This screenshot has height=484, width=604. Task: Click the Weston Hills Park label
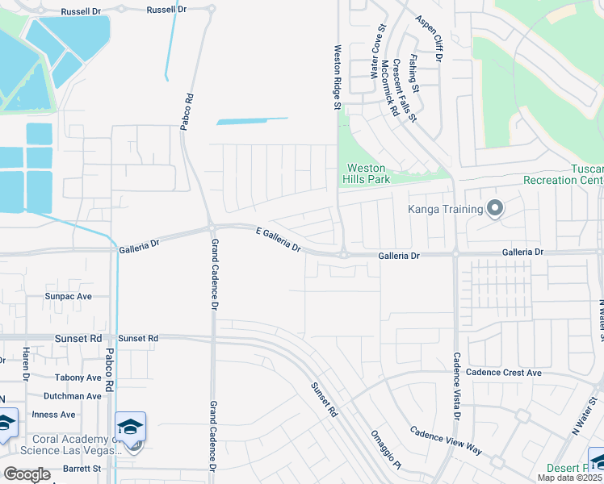(x=367, y=173)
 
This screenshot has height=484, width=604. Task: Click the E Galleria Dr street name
(x=278, y=240)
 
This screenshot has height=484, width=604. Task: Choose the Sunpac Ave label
(x=69, y=296)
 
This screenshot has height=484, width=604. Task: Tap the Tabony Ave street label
(x=78, y=378)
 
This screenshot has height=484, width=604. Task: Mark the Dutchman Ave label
(x=73, y=396)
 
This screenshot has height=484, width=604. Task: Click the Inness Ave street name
(x=53, y=415)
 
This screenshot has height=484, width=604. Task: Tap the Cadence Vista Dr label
(x=456, y=386)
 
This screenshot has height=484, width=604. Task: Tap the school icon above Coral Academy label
(x=130, y=426)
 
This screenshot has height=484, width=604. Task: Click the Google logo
(x=27, y=474)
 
